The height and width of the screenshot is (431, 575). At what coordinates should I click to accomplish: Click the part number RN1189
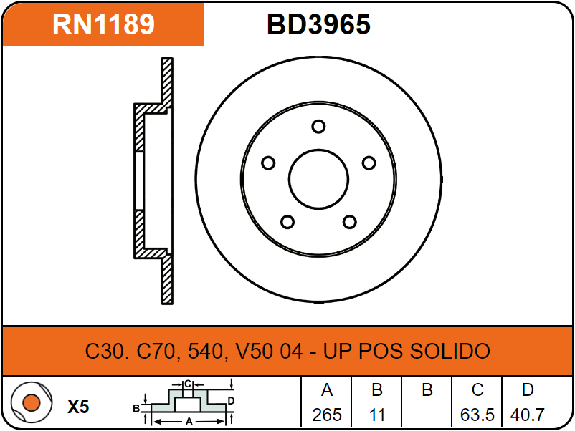tap(103, 24)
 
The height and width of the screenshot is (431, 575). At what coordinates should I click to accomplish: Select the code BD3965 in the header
tap(318, 24)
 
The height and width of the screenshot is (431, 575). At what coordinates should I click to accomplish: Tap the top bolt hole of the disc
tap(318, 127)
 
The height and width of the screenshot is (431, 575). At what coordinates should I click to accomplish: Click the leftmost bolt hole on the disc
tap(268, 163)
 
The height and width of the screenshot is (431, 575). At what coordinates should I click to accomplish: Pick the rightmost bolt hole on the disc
tap(369, 163)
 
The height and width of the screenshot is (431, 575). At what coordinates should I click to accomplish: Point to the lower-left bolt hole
tap(287, 221)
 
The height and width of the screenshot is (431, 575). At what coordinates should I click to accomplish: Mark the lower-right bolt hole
tap(349, 221)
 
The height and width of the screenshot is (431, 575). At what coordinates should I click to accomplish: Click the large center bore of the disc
tap(318, 179)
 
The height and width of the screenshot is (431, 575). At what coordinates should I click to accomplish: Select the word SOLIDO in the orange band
tap(450, 352)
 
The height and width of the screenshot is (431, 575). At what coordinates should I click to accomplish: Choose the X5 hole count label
tap(78, 407)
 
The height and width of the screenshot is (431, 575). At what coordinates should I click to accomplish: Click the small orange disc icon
tap(30, 402)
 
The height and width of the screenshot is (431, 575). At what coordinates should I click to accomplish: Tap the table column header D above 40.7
tap(528, 391)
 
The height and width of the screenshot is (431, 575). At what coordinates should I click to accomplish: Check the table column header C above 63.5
tap(477, 391)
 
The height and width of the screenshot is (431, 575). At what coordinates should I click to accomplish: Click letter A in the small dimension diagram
tap(189, 422)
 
